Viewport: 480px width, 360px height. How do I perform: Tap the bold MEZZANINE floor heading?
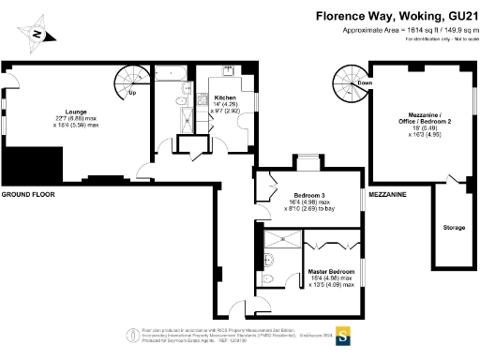tap(387, 194)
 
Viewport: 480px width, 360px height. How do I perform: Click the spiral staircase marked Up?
tap(126, 79)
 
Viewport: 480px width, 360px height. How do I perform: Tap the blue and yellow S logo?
tap(343, 335)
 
